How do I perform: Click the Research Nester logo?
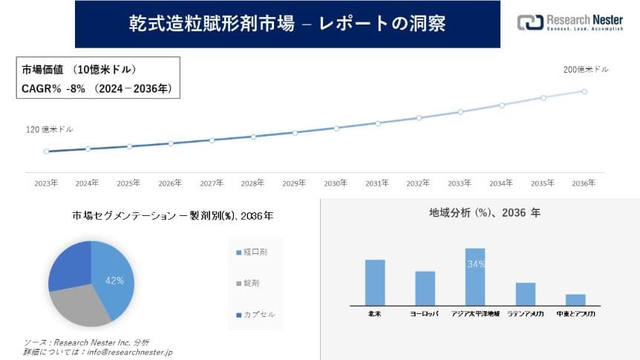tap(570, 22)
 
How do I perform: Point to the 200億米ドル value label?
tap(586, 70)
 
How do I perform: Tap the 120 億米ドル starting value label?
tap(50, 129)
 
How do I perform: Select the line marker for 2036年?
tap(584, 91)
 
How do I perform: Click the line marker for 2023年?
tap(46, 151)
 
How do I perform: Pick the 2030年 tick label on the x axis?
tap(336, 183)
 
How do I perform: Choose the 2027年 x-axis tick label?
tap(212, 183)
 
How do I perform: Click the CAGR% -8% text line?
tap(97, 89)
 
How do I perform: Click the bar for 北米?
tap(375, 282)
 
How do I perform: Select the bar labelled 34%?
tap(475, 276)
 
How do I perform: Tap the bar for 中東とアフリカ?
tap(575, 299)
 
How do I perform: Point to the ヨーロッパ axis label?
tap(425, 315)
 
